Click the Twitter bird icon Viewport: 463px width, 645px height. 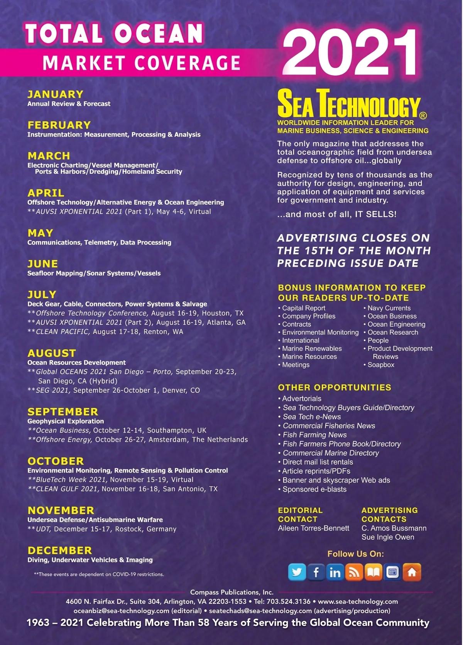point(297,572)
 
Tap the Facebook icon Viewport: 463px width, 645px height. point(316,572)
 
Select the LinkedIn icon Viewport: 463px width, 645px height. point(335,572)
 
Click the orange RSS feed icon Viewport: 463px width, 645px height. point(354,572)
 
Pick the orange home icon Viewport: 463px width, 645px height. point(412,572)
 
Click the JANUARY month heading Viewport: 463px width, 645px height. point(56,95)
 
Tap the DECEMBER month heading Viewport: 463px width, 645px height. point(60,550)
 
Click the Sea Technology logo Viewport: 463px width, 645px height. point(350,103)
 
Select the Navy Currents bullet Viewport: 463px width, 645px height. point(389,308)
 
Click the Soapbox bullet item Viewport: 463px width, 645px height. point(380,365)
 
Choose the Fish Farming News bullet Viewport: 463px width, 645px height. point(314,435)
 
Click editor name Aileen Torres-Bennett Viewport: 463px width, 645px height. point(313,528)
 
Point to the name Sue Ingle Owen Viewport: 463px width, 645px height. point(388,537)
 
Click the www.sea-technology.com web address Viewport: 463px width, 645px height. point(358,601)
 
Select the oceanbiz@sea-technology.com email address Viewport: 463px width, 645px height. point(121,611)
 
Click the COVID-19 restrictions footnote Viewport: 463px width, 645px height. point(99,574)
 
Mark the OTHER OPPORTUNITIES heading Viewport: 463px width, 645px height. point(335,387)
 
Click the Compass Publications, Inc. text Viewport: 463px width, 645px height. point(231,592)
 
